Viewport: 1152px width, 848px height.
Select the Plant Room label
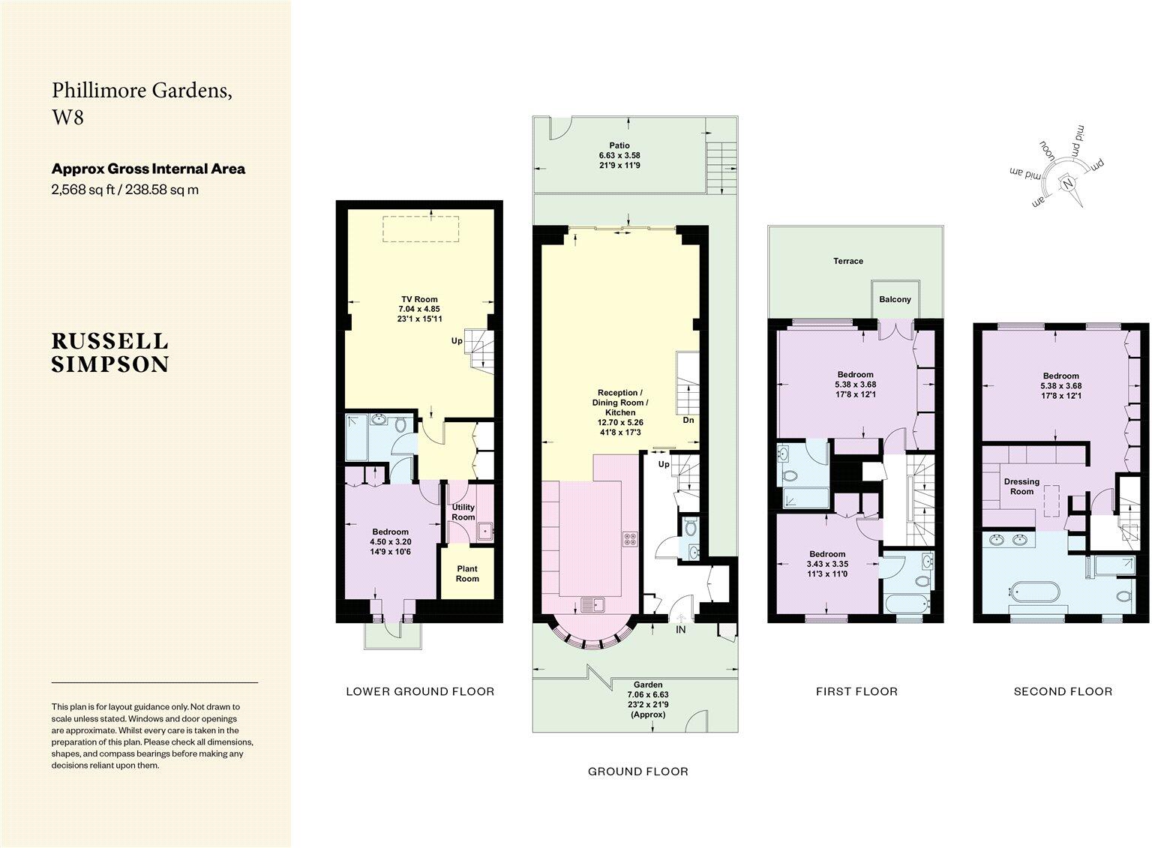coord(467,574)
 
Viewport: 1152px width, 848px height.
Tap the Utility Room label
coord(463,512)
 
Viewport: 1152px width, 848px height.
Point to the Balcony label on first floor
coord(895,299)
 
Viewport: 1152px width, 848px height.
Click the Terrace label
coord(848,261)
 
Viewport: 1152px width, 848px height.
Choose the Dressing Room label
coord(1021,487)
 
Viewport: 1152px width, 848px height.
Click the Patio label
coord(619,145)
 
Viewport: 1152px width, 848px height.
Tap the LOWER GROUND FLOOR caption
coord(420,691)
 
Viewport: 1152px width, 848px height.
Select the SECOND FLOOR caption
coord(1063,691)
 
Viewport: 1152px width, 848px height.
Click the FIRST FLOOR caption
coord(856,691)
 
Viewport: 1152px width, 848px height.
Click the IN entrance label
coord(681,630)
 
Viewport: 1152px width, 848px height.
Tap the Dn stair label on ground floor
coord(688,420)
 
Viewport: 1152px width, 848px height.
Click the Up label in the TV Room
coord(457,341)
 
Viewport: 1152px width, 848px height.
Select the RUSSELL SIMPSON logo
coord(110,352)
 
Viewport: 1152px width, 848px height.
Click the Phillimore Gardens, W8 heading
coord(142,103)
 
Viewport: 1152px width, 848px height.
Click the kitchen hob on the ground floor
coord(629,538)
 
